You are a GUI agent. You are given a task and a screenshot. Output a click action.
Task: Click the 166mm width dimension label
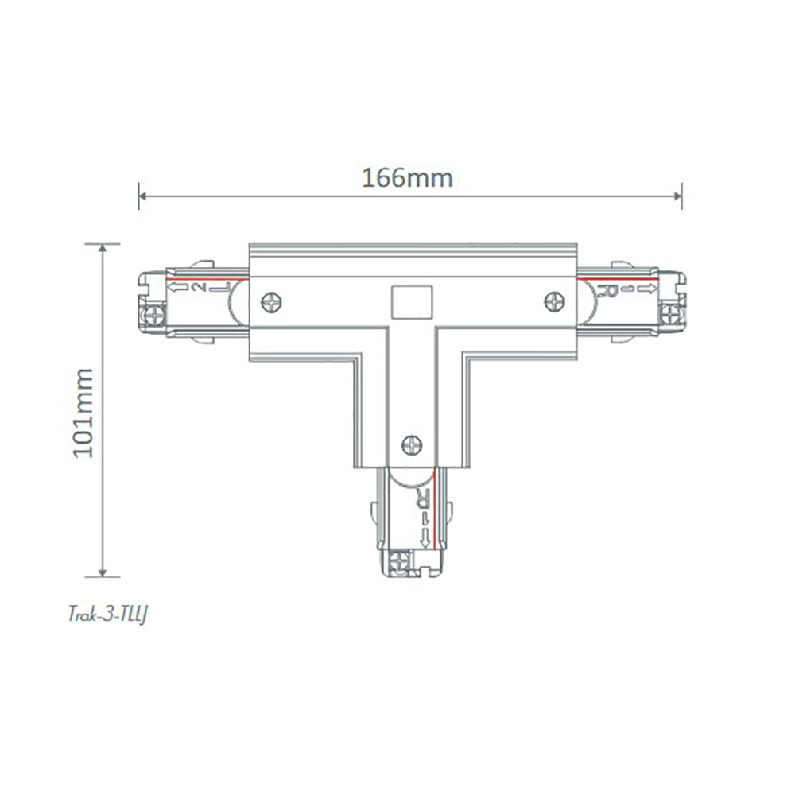click(408, 177)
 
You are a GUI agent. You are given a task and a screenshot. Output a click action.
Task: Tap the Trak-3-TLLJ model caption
click(103, 612)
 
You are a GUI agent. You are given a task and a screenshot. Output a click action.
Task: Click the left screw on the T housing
click(271, 302)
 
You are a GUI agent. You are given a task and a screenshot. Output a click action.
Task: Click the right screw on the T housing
click(554, 301)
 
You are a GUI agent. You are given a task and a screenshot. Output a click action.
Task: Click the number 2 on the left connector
click(199, 288)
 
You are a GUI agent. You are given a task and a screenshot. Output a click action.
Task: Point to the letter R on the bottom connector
click(423, 499)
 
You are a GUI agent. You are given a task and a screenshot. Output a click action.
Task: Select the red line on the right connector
click(616, 279)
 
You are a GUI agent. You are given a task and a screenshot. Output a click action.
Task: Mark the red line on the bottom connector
click(435, 493)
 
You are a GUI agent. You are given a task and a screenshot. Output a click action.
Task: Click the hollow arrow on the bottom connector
click(425, 539)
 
